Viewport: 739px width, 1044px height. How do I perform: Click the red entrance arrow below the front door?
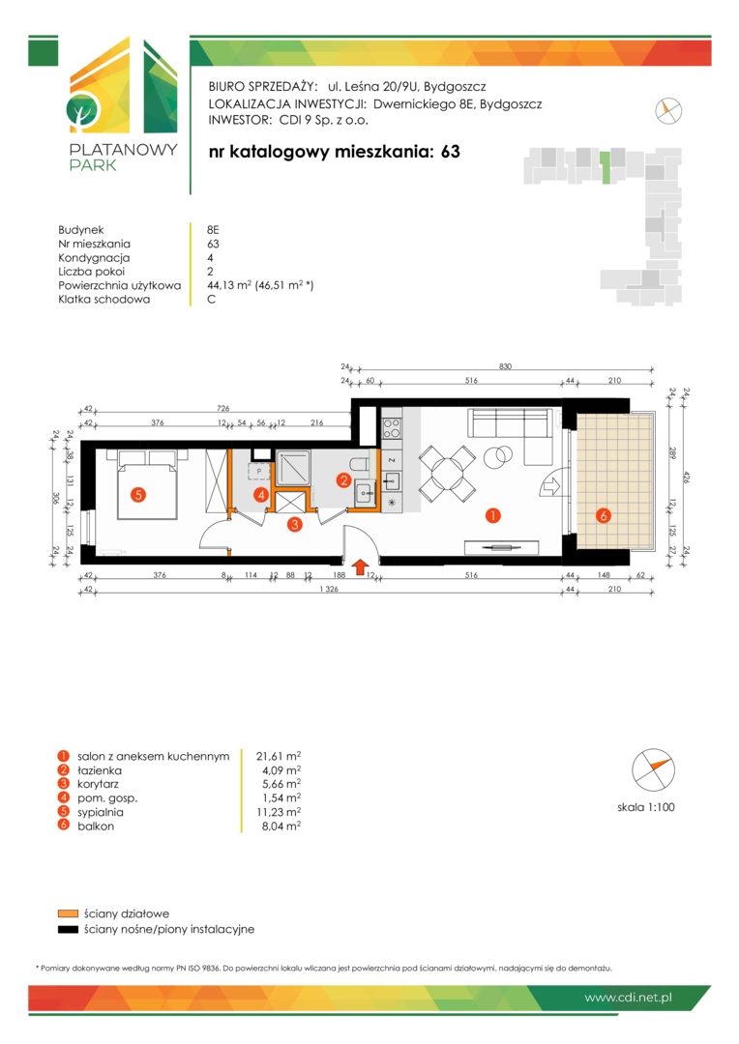pos(359,566)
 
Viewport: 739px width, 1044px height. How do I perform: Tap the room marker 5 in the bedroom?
pos(138,495)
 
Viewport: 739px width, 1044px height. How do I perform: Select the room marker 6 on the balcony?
pos(603,515)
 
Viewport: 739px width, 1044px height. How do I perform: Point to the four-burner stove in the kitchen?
pos(391,427)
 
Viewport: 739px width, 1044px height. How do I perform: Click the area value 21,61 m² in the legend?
pos(279,756)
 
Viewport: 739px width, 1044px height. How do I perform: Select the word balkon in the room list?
pos(96,826)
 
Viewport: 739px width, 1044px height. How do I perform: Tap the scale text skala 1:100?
pos(646,807)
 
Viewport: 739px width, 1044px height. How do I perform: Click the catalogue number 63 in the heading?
pos(451,151)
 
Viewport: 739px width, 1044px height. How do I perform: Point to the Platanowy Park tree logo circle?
pos(82,110)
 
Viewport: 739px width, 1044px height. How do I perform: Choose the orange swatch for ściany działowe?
pos(68,913)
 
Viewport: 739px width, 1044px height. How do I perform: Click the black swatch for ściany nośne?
pos(68,930)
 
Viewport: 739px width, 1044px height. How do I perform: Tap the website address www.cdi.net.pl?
pos(628,998)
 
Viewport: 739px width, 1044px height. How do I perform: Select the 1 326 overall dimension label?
pos(329,589)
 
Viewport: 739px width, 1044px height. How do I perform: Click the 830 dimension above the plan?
pos(505,366)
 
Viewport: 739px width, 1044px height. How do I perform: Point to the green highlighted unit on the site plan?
pos(606,167)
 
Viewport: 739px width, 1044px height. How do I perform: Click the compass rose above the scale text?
pos(653,769)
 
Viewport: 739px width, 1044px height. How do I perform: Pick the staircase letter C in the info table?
pos(211,300)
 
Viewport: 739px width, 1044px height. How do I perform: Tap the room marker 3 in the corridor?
pos(294,525)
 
